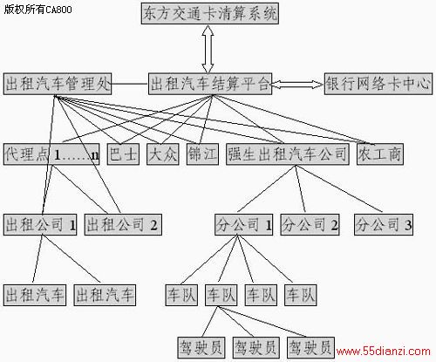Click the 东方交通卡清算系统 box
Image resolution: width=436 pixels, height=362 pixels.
tap(210, 13)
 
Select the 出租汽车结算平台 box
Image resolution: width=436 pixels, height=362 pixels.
tap(210, 84)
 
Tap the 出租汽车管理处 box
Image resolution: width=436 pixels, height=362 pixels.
tap(58, 84)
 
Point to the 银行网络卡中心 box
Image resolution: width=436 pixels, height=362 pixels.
tap(378, 84)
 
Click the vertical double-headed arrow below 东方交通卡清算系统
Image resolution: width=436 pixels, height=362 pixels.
tap(208, 49)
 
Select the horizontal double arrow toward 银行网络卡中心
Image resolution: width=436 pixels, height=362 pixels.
tap(297, 85)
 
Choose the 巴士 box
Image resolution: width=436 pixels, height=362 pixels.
tap(123, 154)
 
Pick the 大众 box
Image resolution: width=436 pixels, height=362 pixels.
tap(163, 154)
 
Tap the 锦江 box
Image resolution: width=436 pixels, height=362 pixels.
tap(202, 154)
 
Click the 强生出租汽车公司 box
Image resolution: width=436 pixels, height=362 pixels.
tap(288, 154)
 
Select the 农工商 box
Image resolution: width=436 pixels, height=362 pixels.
tap(380, 154)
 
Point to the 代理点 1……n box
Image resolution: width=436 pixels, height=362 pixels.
tap(51, 154)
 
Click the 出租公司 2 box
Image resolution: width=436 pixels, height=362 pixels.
tap(123, 224)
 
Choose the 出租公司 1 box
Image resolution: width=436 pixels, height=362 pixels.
tap(40, 224)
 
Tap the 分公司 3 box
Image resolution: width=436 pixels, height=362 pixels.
tap(384, 224)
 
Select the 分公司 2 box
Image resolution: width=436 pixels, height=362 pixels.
tap(310, 224)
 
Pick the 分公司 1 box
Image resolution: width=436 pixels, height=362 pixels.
tap(244, 224)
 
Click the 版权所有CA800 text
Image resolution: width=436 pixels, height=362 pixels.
tap(37, 10)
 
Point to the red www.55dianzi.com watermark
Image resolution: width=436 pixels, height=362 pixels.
tap(383, 352)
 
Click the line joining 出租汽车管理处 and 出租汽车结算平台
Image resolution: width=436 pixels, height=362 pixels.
tap(130, 84)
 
